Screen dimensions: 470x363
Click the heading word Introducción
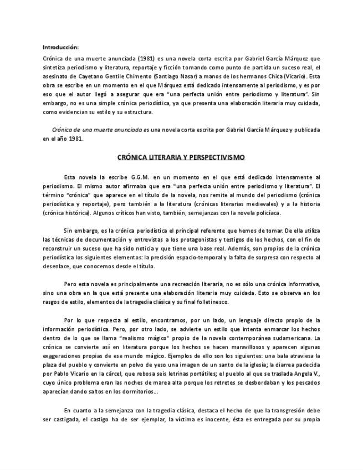60,46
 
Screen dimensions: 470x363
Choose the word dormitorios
136,392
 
